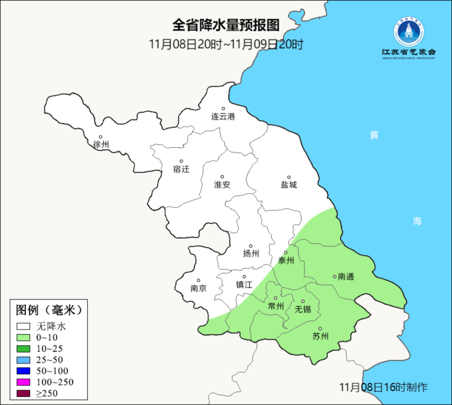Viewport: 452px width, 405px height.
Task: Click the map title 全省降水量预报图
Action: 226,25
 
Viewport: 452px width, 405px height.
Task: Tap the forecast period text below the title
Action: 226,44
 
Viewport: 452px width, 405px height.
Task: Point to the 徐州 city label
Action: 101,145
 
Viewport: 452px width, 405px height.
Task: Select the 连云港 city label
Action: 223,117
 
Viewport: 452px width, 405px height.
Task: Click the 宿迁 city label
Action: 181,169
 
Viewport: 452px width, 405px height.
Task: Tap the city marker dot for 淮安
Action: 222,177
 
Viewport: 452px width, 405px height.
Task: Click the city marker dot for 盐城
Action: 289,177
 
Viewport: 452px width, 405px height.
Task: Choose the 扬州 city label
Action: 251,253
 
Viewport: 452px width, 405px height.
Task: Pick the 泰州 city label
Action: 286,261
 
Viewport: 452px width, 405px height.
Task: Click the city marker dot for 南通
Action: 334,276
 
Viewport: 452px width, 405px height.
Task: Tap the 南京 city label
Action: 198,288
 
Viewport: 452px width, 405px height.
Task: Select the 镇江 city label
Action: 244,285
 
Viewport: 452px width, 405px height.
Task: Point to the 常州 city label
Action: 275,306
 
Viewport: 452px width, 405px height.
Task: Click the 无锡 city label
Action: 303,309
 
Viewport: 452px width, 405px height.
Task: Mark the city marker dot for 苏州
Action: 320,329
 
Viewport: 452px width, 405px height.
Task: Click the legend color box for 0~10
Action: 23,337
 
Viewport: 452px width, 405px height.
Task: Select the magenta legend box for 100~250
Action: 23,382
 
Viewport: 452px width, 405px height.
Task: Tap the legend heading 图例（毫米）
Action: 48,310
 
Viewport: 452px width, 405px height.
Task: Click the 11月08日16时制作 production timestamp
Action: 383,387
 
